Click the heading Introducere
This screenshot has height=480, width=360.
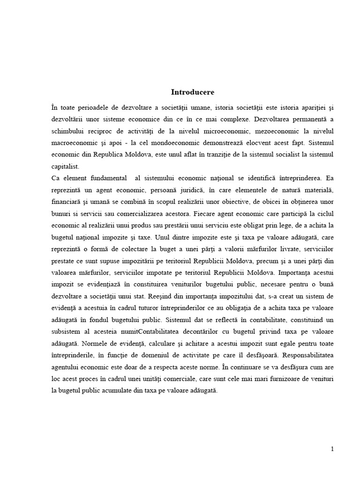193,92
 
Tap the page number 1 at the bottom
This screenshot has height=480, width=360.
332,449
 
